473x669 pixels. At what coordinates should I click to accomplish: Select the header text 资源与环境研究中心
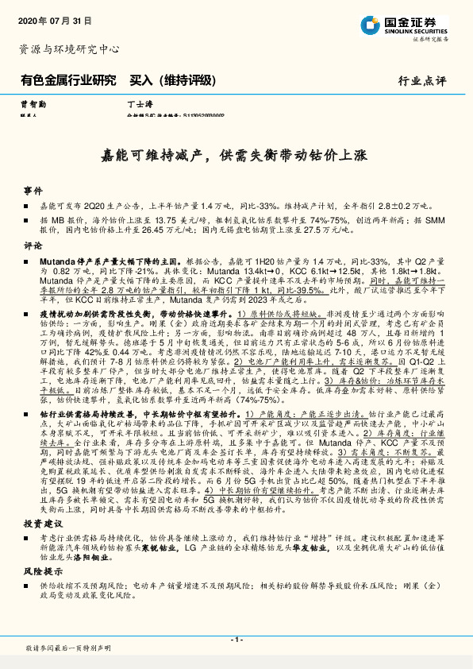(x=69, y=49)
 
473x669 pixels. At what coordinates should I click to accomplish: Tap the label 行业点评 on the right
(x=423, y=80)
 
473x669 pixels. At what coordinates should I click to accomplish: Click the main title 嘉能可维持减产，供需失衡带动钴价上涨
(x=236, y=155)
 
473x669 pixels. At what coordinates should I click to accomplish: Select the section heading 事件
(x=33, y=191)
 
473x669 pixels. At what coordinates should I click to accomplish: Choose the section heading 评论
(x=33, y=246)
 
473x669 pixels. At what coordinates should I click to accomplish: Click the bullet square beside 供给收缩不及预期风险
(x=29, y=585)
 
